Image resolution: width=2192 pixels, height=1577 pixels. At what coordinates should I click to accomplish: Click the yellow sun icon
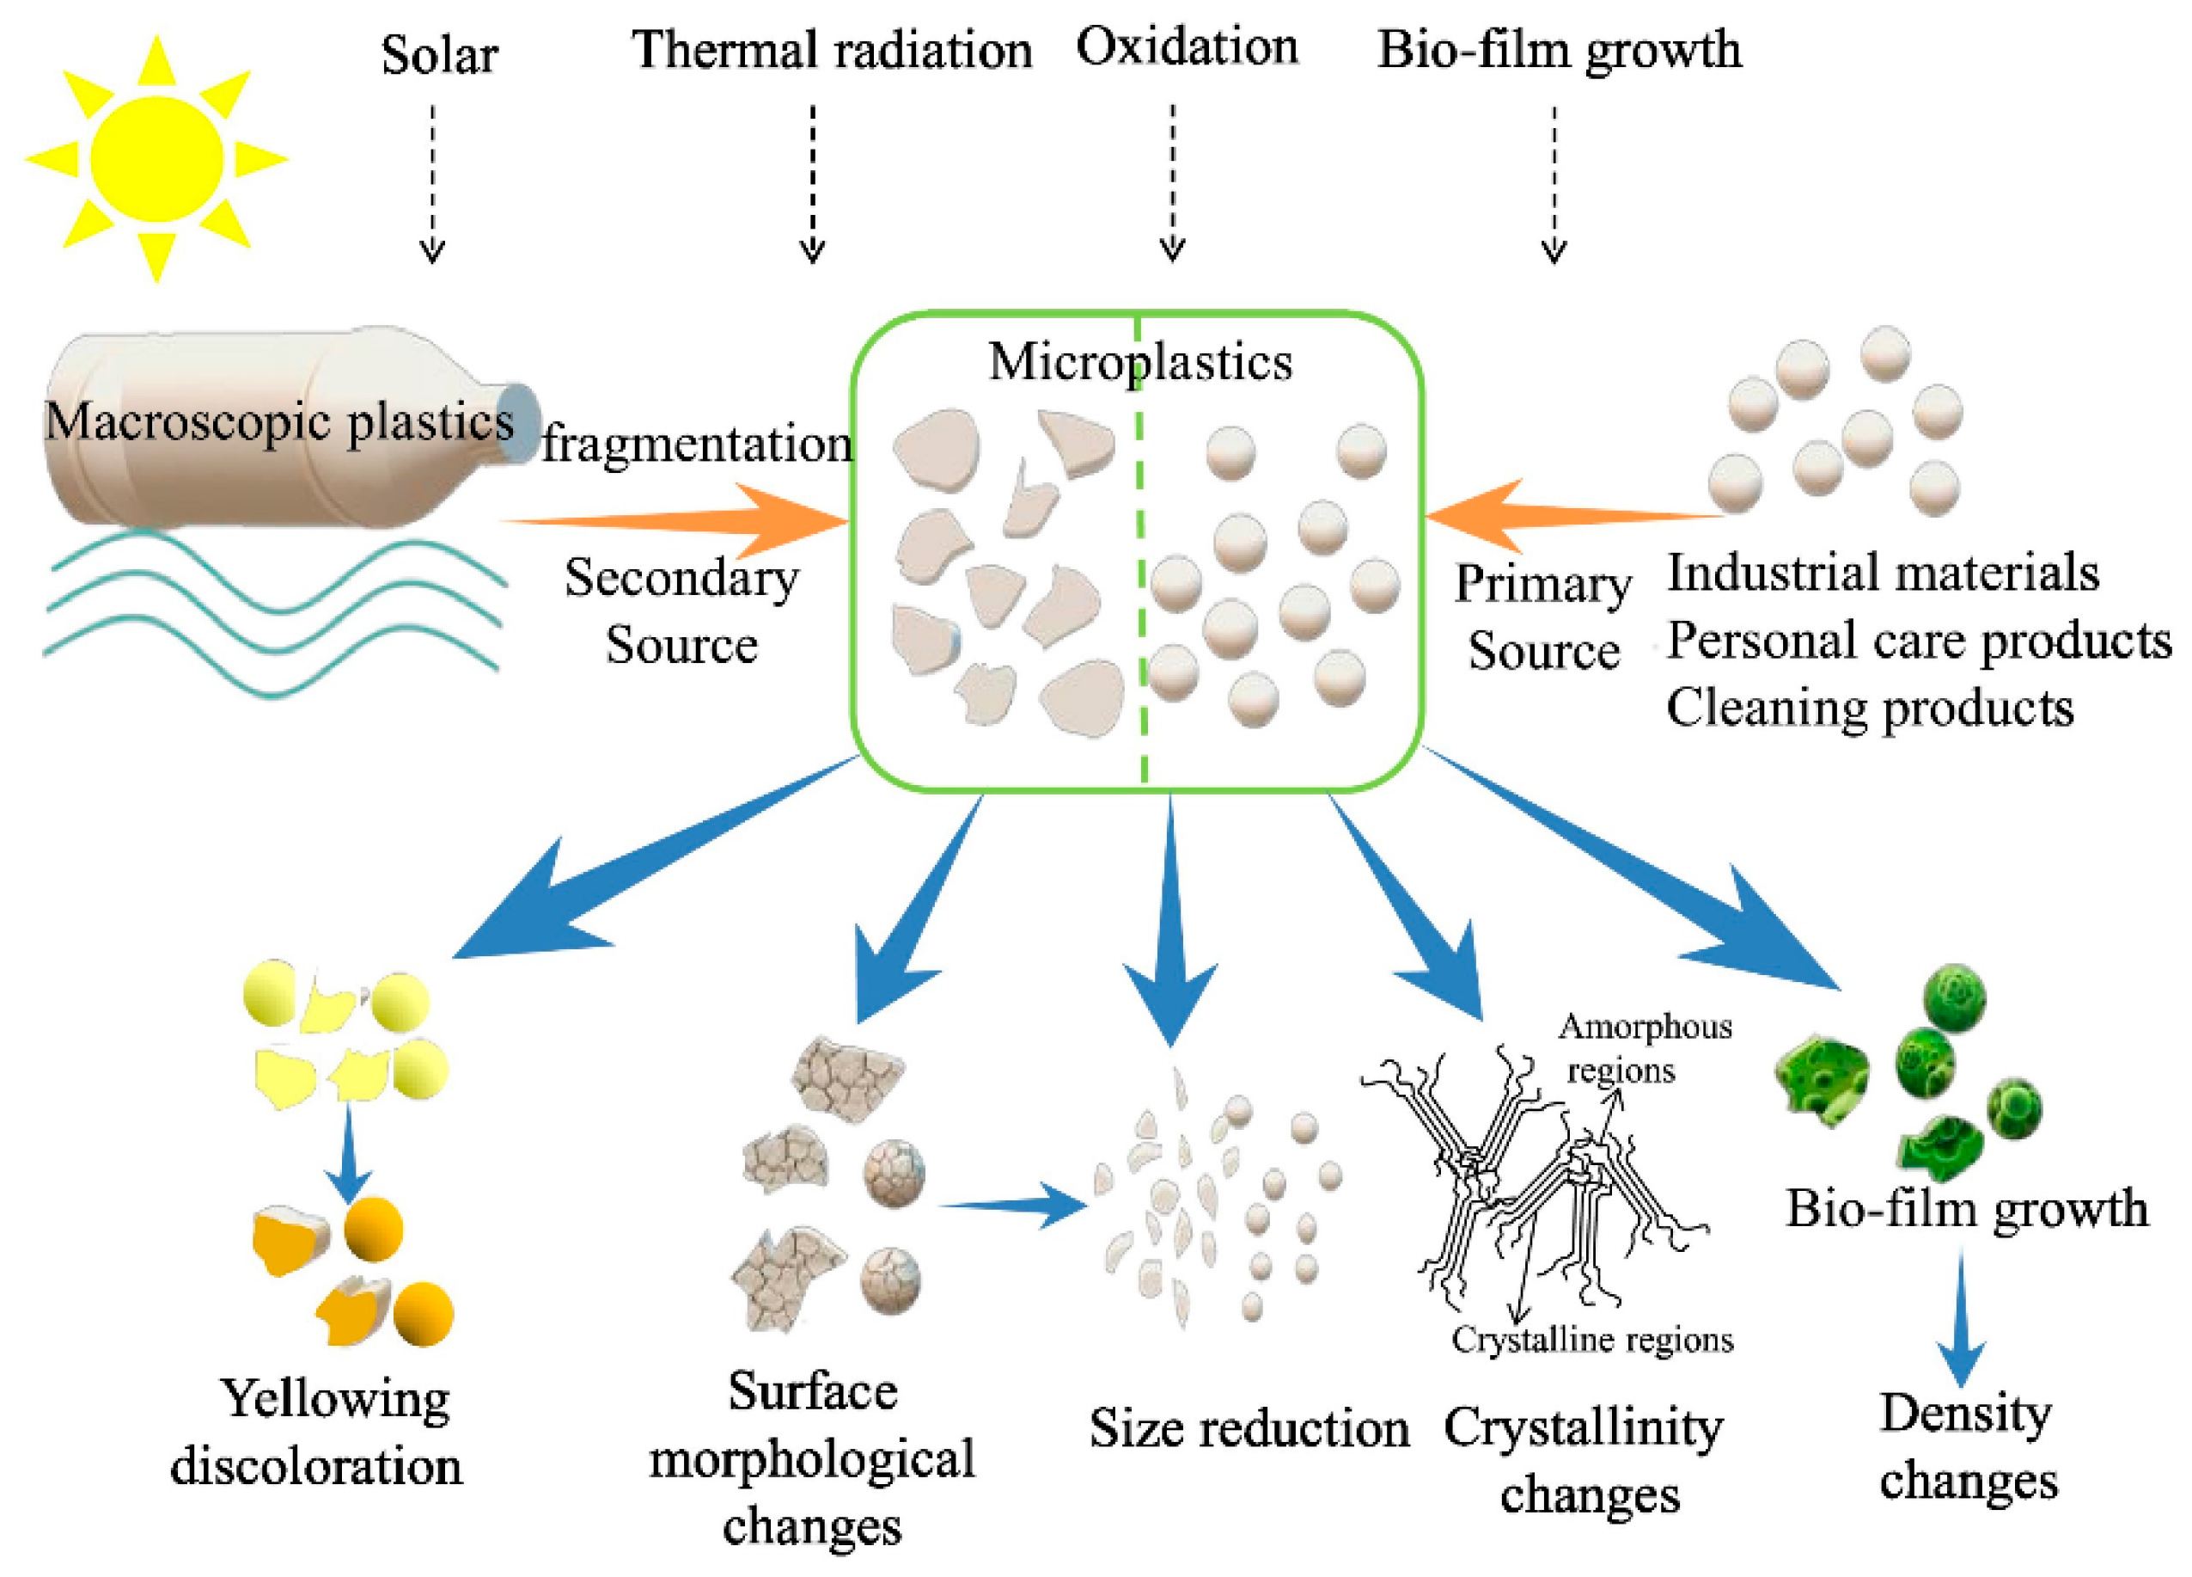click(x=156, y=157)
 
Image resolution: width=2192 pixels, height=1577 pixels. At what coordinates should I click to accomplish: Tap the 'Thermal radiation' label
click(x=831, y=50)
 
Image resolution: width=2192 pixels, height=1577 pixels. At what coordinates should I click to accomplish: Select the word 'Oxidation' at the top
click(x=1187, y=46)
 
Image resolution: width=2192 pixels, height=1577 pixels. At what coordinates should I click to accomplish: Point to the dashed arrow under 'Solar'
click(x=432, y=184)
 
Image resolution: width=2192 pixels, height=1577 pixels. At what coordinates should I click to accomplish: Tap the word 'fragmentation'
click(x=696, y=445)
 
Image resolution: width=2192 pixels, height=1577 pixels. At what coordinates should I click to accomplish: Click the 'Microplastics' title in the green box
click(x=1139, y=363)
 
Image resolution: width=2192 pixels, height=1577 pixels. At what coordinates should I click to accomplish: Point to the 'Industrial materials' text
click(x=1883, y=573)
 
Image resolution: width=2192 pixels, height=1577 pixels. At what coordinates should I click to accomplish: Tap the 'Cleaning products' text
click(x=1869, y=708)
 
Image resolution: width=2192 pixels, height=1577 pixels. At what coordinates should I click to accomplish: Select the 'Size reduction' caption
click(x=1249, y=1429)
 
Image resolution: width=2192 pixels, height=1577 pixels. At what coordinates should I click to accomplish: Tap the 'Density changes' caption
click(x=1967, y=1446)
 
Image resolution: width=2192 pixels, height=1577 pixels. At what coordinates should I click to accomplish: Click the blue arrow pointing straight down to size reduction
click(x=1170, y=918)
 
